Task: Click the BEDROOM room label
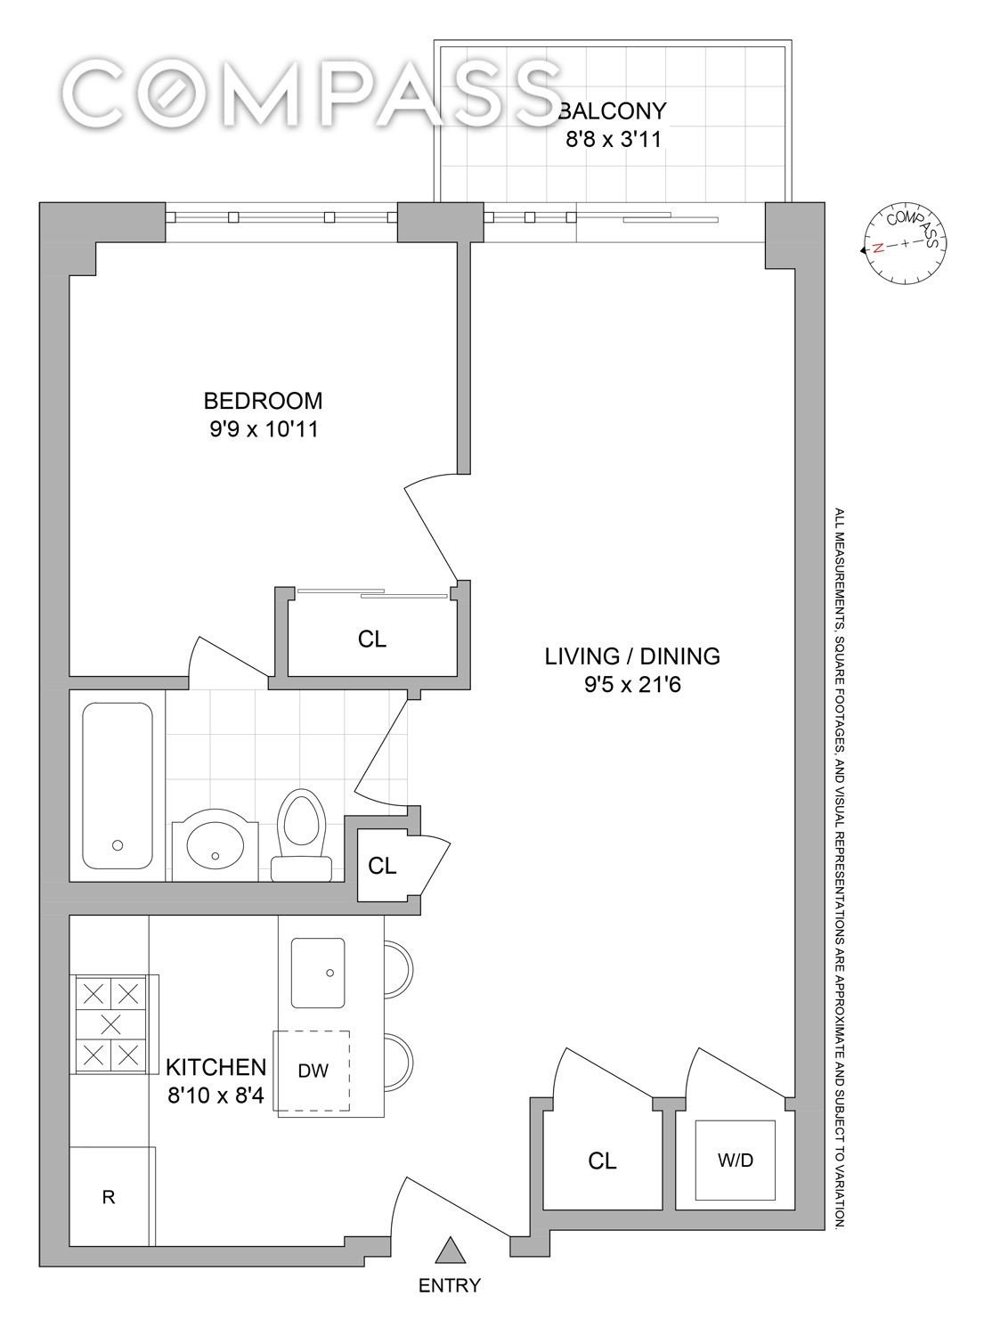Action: coord(263,400)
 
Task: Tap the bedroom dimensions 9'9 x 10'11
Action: coord(264,429)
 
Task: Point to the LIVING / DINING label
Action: coord(632,656)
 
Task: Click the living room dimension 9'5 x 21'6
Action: coord(632,685)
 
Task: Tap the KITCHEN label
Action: coord(216,1066)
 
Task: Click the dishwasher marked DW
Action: coord(312,1071)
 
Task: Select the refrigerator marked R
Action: coord(113,1196)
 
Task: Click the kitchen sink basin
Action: coord(318,973)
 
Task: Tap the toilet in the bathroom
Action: coord(303,835)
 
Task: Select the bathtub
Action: coord(118,786)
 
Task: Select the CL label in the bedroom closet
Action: coord(372,639)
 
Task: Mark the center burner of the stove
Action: coord(111,1025)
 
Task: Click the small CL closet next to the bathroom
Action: coord(382,866)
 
